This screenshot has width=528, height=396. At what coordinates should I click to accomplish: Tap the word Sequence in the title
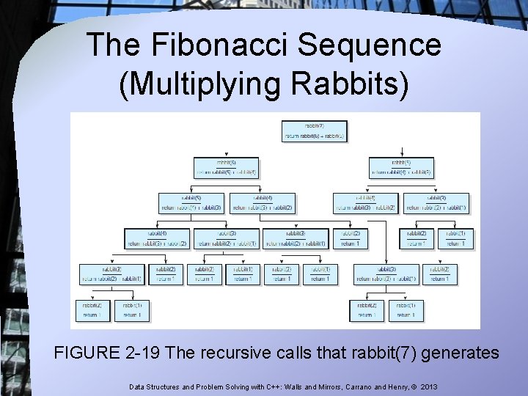click(x=374, y=45)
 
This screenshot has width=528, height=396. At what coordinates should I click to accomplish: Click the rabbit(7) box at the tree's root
click(x=314, y=131)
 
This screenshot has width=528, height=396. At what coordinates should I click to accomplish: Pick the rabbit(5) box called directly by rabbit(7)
click(x=401, y=167)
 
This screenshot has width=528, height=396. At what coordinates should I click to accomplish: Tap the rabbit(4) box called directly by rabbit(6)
click(x=262, y=202)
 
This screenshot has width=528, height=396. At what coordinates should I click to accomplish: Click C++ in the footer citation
click(x=265, y=385)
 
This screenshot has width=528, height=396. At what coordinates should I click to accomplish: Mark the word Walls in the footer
click(x=289, y=385)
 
